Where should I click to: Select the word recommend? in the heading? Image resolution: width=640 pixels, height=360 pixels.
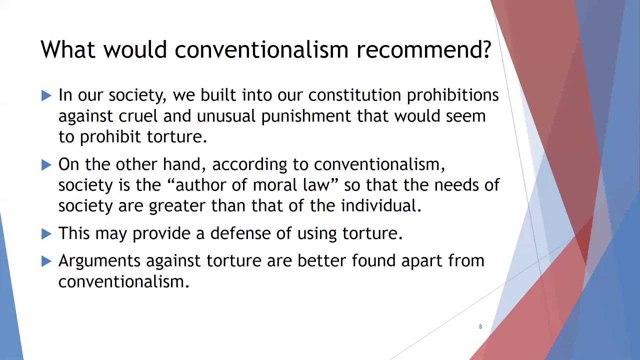(x=423, y=49)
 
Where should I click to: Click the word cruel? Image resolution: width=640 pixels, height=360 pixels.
(x=138, y=116)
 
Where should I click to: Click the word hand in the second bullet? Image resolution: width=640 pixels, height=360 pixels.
(x=183, y=164)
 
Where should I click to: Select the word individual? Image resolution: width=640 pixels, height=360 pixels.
(x=381, y=205)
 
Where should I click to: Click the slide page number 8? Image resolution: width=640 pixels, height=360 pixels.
(x=480, y=326)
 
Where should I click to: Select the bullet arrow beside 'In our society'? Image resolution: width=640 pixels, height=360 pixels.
(x=46, y=95)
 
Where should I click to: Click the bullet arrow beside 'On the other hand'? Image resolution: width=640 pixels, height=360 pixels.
(x=46, y=164)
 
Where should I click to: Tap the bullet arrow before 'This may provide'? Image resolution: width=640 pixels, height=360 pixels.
(x=46, y=233)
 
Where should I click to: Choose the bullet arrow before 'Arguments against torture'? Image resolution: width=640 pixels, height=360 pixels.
(x=46, y=261)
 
